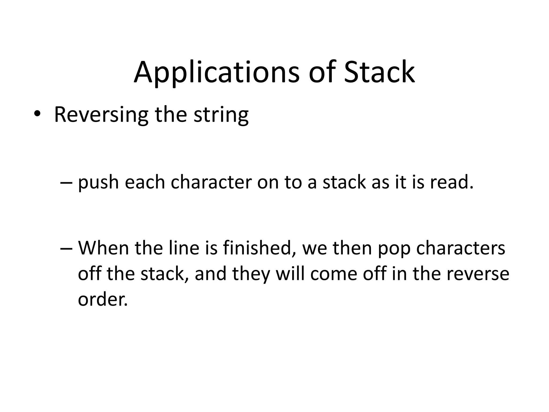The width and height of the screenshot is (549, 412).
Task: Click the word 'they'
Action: (x=251, y=274)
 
